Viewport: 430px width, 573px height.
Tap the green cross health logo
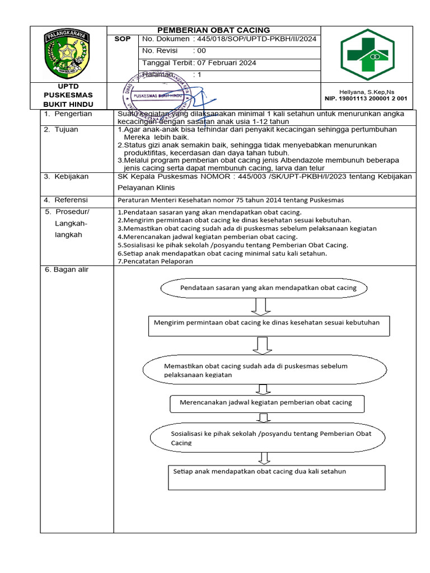[367, 54]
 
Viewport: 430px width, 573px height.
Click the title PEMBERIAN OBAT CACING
[213, 30]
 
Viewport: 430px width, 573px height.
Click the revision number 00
[199, 51]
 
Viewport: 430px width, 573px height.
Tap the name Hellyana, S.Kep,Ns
[367, 92]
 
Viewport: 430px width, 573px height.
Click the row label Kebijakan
[71, 176]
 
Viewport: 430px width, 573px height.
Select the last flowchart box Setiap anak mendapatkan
[277, 476]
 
